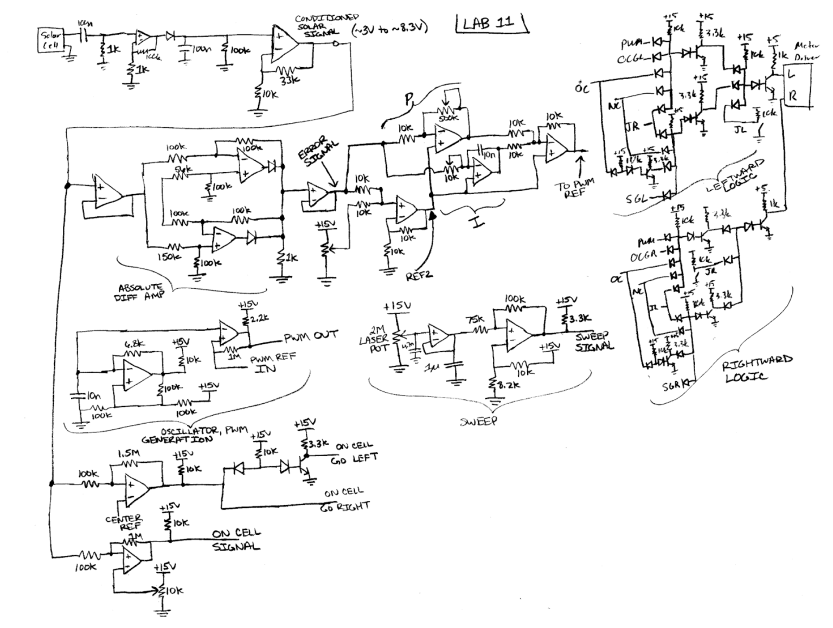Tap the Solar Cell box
click(x=52, y=41)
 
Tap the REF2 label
click(x=421, y=275)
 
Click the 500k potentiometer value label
click(x=448, y=117)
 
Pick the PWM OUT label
click(x=311, y=336)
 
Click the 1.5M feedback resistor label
click(x=127, y=452)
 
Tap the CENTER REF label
click(x=124, y=522)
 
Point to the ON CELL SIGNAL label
click(x=236, y=540)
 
